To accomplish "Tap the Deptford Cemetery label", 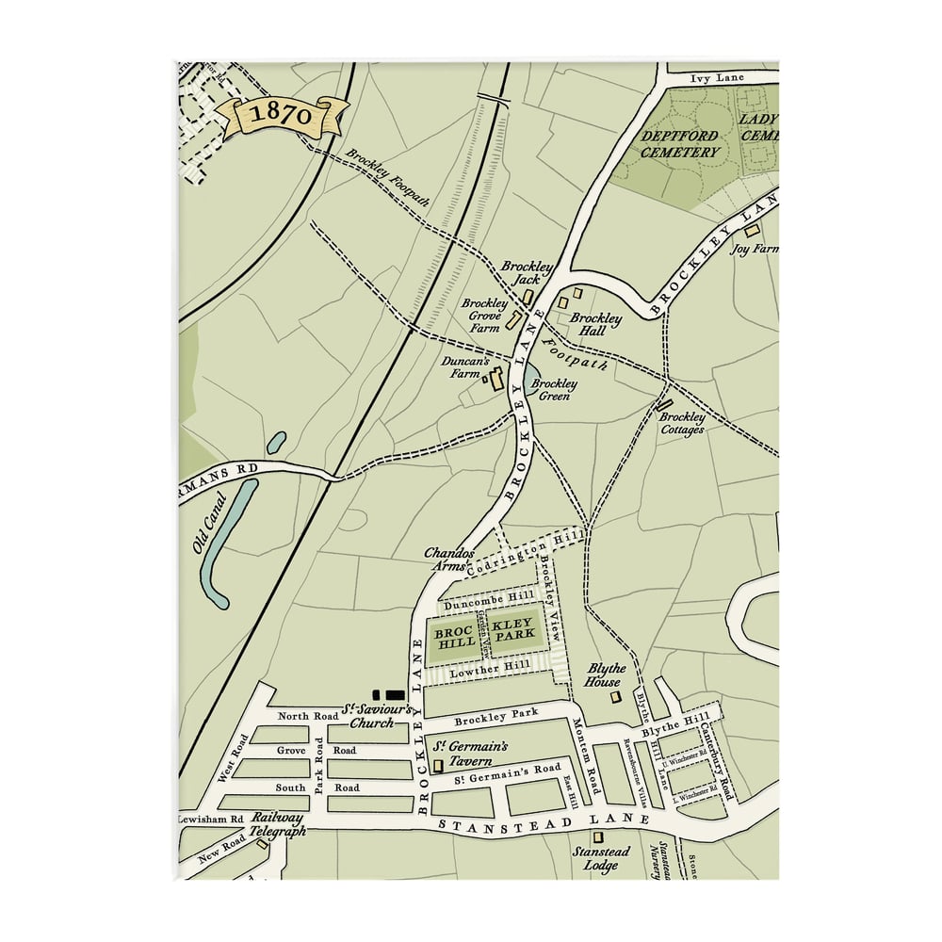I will pos(680,143).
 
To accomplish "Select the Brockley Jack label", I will pos(527,273).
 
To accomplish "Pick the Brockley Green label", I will pos(554,390).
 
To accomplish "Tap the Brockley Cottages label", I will pos(682,423).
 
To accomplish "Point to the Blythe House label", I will pos(604,674).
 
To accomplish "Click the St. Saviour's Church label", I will pos(366,716).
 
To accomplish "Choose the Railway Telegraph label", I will pos(279,824).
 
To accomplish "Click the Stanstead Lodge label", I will pos(595,858).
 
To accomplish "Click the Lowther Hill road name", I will pos(485,673).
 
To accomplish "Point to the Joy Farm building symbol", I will pos(751,231).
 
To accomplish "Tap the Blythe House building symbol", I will pos(616,697).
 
